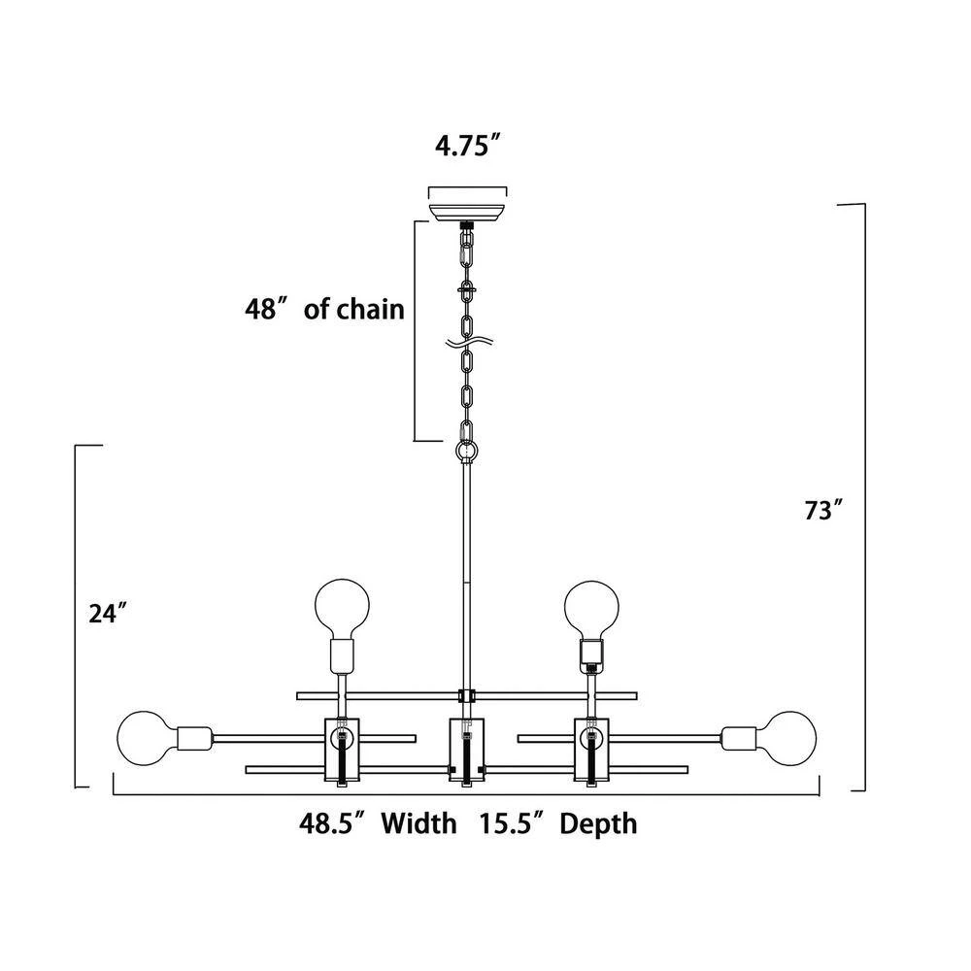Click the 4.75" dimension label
(467, 147)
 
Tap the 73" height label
(823, 511)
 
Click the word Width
(419, 823)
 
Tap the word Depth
(598, 824)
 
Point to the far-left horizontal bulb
(143, 739)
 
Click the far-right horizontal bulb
(790, 739)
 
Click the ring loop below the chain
(468, 451)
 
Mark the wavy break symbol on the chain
(468, 342)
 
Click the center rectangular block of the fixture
(466, 751)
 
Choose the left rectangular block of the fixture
(343, 751)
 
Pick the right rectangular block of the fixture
(592, 751)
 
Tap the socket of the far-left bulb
(194, 738)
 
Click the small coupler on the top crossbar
(466, 695)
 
